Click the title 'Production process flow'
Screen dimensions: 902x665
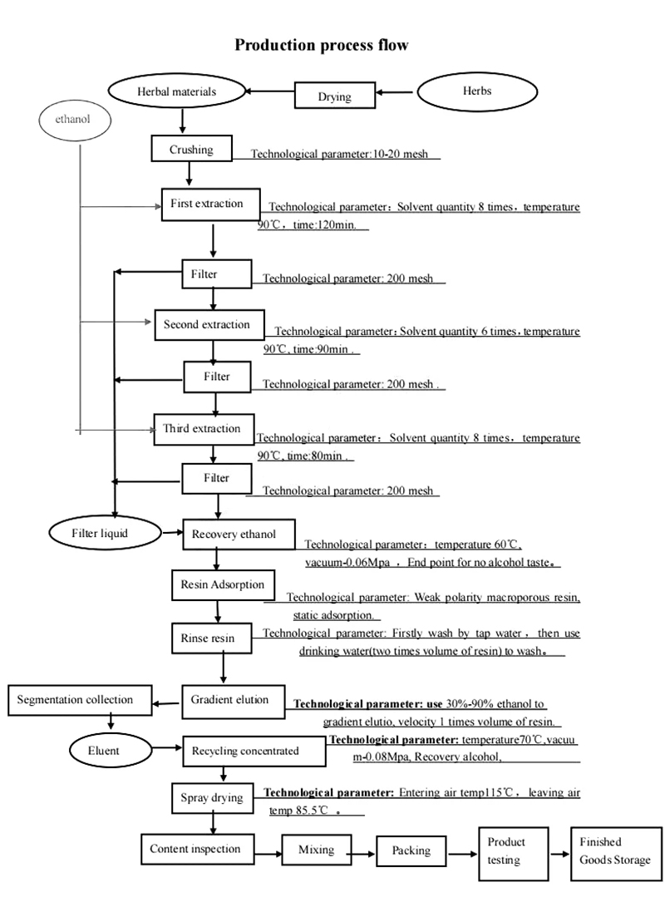point(322,45)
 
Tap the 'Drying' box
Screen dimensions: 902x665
point(334,96)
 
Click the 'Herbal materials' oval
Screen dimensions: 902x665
point(176,92)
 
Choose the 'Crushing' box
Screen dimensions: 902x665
point(191,150)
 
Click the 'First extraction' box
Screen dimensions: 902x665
point(209,204)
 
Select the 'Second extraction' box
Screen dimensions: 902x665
point(208,324)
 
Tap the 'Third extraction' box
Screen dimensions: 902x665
point(203,429)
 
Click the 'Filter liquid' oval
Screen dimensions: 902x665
point(103,533)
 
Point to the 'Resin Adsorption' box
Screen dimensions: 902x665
point(222,584)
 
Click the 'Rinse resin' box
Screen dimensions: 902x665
point(208,638)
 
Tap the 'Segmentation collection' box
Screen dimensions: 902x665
point(75,700)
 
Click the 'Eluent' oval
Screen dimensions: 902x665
point(105,751)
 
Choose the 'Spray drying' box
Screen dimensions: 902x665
point(212,798)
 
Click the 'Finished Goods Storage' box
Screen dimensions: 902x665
point(610,851)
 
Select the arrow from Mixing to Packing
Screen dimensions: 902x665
point(359,852)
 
